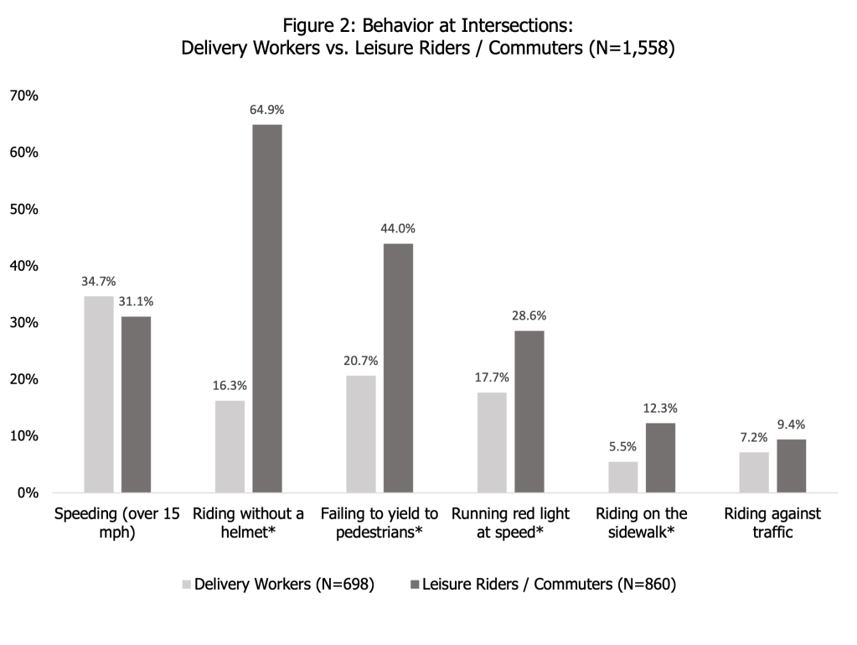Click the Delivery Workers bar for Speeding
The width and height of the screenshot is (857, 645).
[98, 394]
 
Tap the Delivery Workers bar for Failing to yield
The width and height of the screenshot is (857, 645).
[361, 434]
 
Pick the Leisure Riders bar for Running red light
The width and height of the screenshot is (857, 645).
[529, 411]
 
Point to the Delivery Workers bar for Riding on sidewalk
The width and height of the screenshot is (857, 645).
[622, 476]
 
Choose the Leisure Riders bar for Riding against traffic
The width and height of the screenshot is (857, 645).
[791, 466]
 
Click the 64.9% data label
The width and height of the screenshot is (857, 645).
[267, 110]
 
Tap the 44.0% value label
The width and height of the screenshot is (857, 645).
[398, 228]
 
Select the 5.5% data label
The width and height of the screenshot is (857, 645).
[622, 447]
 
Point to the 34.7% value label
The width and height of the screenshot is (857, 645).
[98, 281]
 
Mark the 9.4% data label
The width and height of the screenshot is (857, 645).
[791, 424]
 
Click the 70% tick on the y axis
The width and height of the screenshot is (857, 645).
[23, 96]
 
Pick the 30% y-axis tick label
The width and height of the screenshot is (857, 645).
[23, 323]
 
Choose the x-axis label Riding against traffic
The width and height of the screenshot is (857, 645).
[772, 523]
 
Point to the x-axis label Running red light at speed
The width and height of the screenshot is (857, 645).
[510, 523]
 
